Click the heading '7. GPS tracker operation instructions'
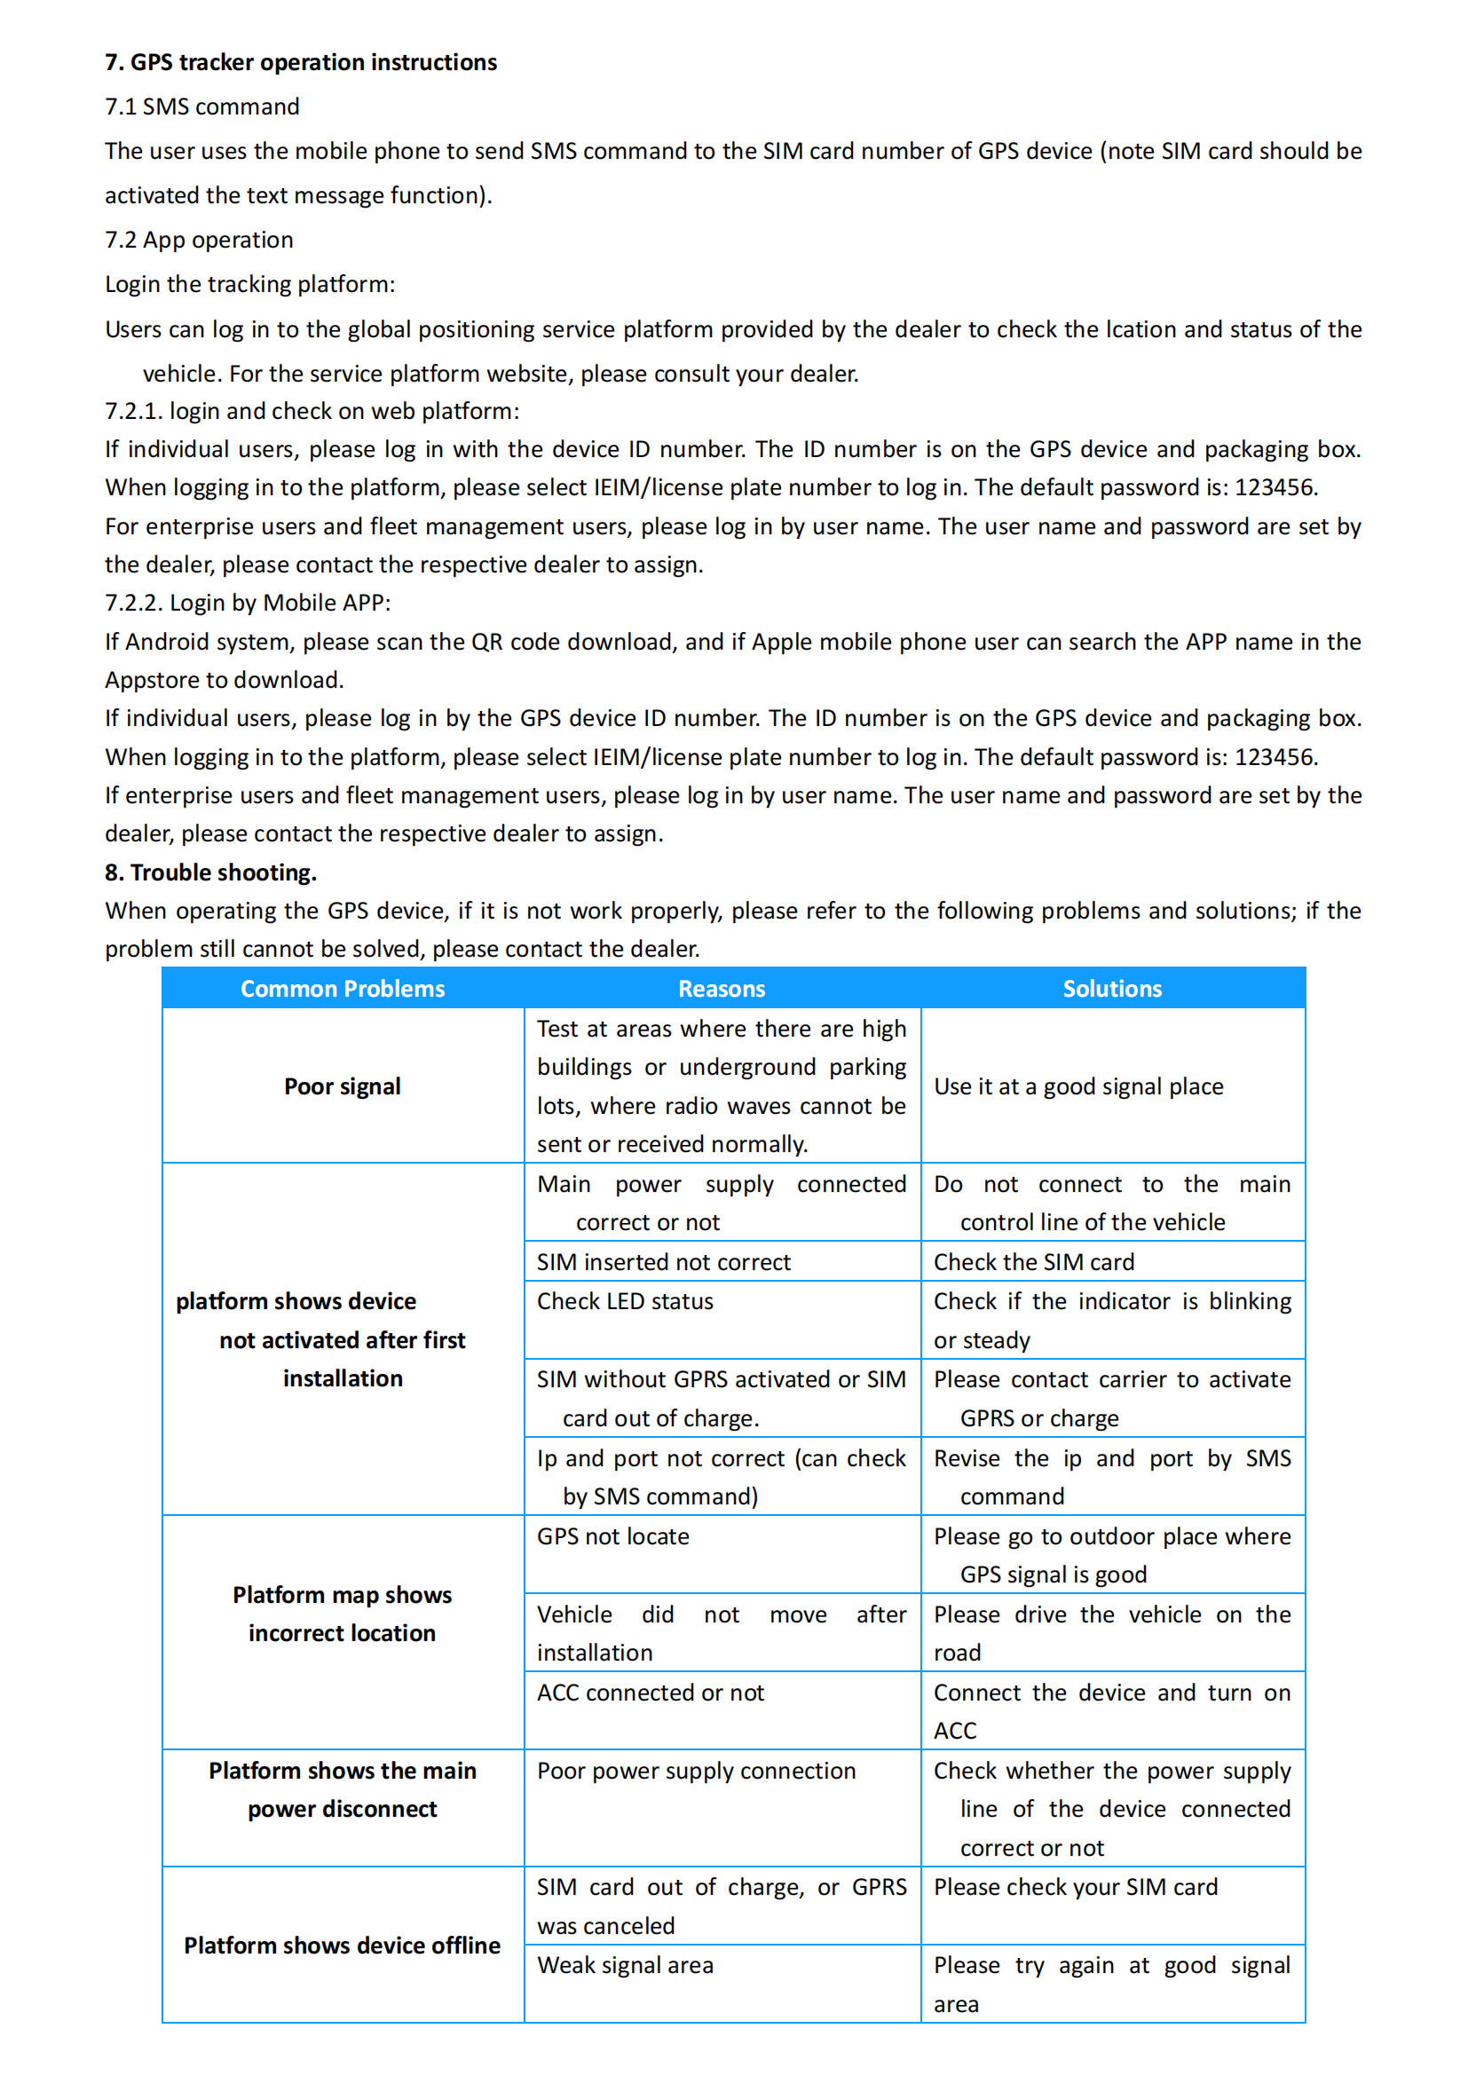[x=301, y=62]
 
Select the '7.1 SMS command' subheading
[x=202, y=107]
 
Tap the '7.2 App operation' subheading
[x=199, y=240]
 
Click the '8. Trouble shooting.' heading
[x=210, y=872]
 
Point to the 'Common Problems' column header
[x=343, y=989]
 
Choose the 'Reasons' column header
[x=722, y=989]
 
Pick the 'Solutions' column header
[x=1112, y=989]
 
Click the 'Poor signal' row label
[x=343, y=1087]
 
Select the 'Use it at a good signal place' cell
[x=1078, y=1087]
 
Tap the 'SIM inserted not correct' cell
[x=664, y=1262]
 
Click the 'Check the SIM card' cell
[x=1033, y=1262]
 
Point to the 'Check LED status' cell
[x=625, y=1302]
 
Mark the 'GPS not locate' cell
[x=613, y=1537]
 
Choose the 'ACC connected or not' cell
[x=650, y=1693]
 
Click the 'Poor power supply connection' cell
[x=696, y=1772]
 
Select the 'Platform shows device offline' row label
[x=343, y=1946]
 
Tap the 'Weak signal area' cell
[x=625, y=1966]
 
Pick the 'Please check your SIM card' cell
[x=1076, y=1888]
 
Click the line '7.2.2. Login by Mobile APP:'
[x=248, y=603]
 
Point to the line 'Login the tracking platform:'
[x=249, y=285]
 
